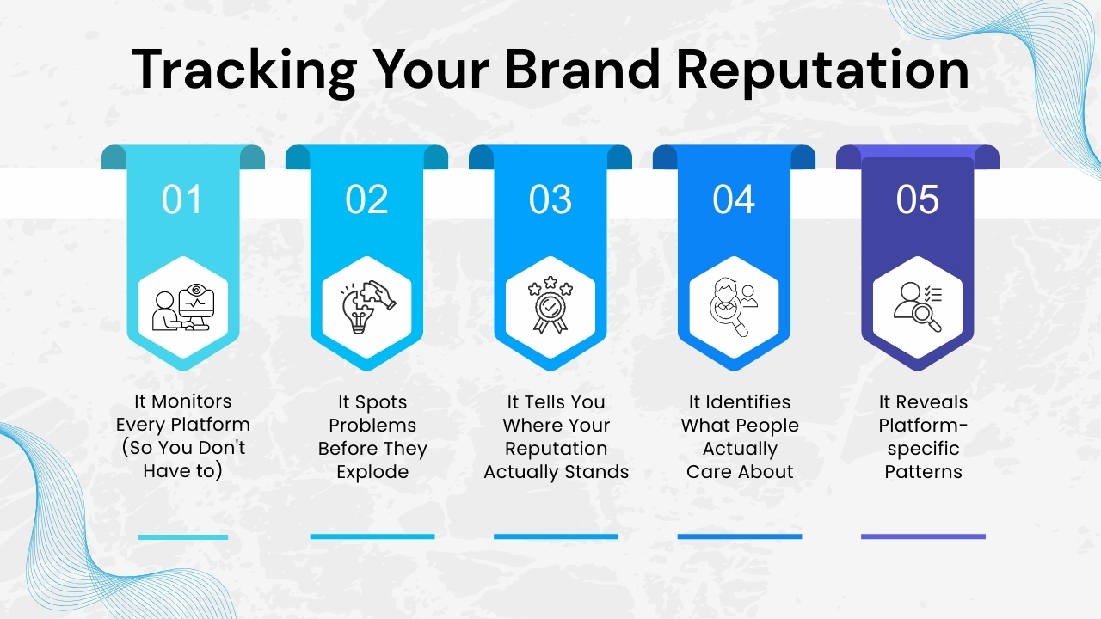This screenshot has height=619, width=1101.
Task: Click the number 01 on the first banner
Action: [182, 199]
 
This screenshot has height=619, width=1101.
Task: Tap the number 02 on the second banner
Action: [366, 199]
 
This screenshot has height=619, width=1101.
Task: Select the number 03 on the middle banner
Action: [550, 199]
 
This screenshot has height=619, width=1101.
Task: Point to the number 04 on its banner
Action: [734, 199]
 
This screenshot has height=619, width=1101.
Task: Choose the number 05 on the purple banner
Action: [918, 199]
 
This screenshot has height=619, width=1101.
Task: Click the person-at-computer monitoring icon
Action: [182, 307]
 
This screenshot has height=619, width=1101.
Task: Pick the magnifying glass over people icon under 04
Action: [734, 307]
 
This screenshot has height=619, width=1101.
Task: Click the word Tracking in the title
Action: [243, 70]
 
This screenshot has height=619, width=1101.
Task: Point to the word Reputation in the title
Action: [824, 70]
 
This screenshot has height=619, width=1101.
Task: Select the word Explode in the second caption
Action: [372, 472]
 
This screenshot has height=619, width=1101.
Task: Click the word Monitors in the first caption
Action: [194, 401]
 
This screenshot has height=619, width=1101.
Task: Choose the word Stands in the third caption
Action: [597, 472]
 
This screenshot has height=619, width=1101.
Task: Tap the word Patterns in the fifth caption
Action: [923, 472]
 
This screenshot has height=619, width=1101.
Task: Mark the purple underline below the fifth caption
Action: [923, 536]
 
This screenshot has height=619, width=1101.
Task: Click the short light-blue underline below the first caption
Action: [183, 537]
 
